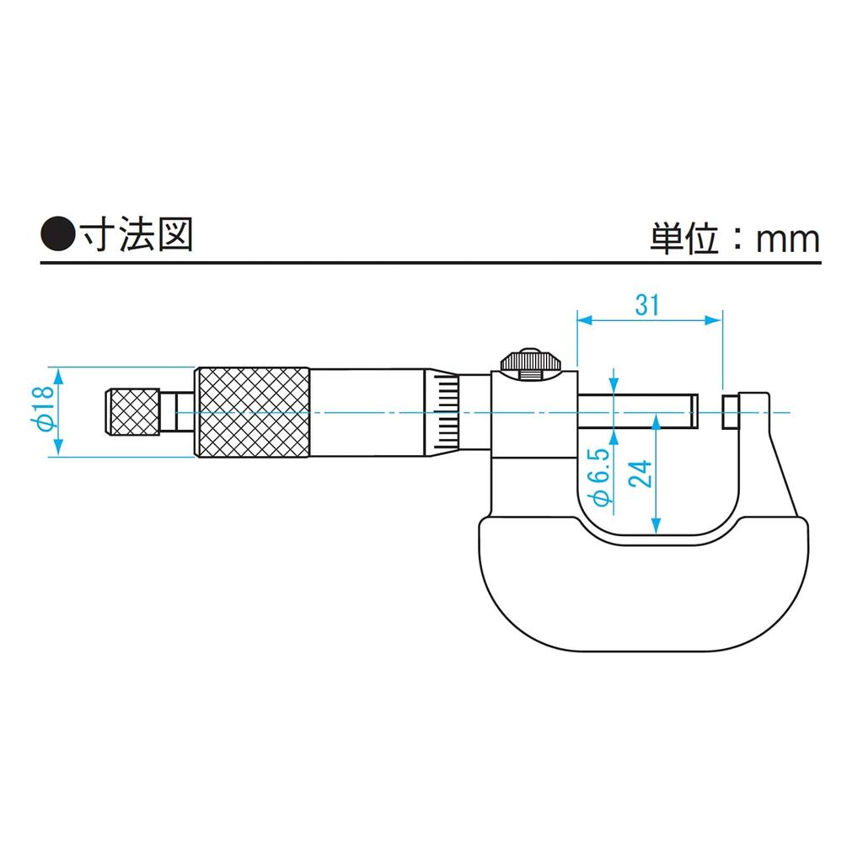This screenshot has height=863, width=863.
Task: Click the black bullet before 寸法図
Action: coord(57,235)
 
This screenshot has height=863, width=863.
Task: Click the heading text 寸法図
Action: coord(137,235)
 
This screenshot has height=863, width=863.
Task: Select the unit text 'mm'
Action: coord(787,240)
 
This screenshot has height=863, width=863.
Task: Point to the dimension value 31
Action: coord(647,305)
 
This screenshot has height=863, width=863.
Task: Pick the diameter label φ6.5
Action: coord(601,483)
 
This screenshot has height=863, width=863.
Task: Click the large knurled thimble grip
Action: coord(252,412)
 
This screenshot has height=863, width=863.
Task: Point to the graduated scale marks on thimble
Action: coord(447,412)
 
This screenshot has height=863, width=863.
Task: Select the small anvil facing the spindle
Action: coord(731,412)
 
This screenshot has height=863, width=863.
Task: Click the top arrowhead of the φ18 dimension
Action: coord(56,373)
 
